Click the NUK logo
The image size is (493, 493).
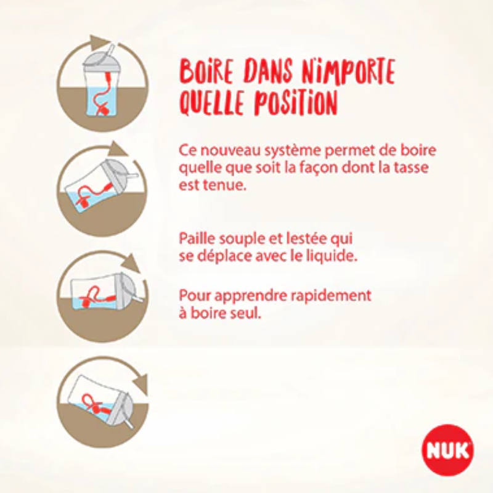coord(448,450)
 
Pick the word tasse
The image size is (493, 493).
coord(428,168)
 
